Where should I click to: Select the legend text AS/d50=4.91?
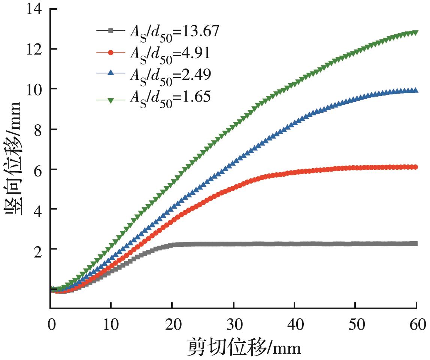tap(169, 54)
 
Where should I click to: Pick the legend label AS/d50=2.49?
tap(169, 75)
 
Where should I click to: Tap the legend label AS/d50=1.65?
tap(169, 97)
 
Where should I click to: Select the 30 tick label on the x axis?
tap(233, 322)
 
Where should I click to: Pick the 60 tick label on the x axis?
tap(416, 322)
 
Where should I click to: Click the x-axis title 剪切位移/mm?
tap(244, 347)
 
